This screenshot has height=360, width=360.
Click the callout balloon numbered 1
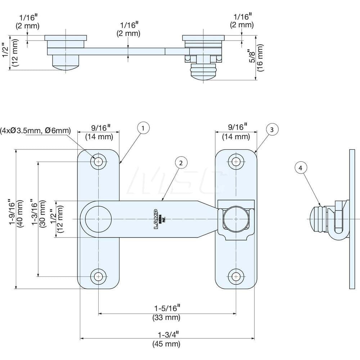pos(143,128)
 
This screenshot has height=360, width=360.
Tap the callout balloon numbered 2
pos(181,163)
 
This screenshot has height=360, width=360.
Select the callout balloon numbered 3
pos(273,129)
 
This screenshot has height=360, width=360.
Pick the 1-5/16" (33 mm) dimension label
pos(167,312)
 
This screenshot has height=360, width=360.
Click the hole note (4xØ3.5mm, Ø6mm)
pos(35,130)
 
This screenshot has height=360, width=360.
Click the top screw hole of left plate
pos(98,162)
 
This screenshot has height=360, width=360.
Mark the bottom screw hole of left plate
pos(98,276)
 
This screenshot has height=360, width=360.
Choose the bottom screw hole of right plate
pos(236,276)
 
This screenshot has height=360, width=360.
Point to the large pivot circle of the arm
pos(98,219)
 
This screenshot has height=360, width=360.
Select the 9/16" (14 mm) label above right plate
pos(236,131)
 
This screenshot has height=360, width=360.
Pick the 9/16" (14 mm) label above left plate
pos(99,131)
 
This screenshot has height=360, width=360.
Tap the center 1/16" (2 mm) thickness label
pos(128,29)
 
